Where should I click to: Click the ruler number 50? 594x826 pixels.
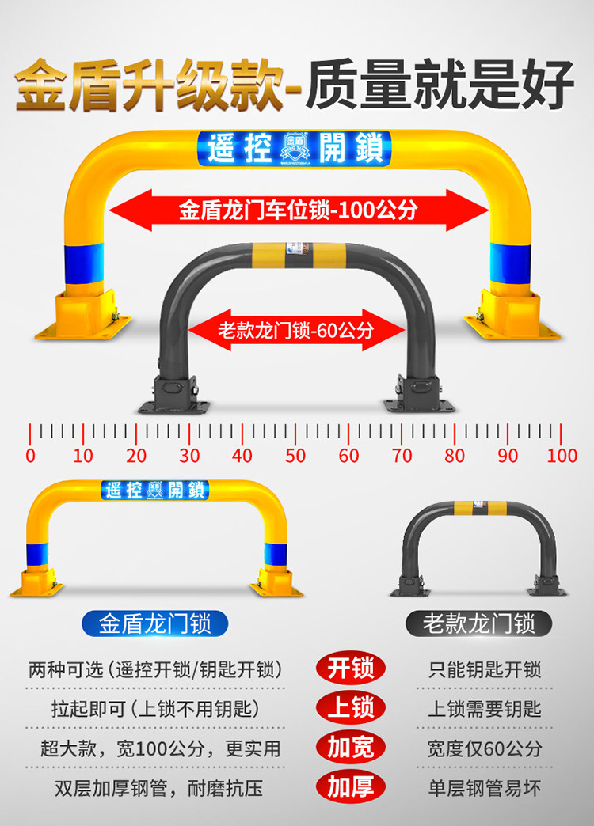[295, 456]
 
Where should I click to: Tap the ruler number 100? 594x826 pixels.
[562, 456]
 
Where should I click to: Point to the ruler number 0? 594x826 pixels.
[30, 456]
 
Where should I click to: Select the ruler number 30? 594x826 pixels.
[189, 456]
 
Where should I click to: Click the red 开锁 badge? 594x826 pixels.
[351, 669]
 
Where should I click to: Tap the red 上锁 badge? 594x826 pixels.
[351, 707]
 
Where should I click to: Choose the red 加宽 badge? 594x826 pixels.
[351, 747]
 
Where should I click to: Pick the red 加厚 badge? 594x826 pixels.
[351, 786]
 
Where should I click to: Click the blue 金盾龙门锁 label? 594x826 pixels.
[155, 623]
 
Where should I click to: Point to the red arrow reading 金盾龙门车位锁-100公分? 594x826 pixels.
[298, 210]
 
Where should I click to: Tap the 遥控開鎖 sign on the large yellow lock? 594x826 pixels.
[294, 148]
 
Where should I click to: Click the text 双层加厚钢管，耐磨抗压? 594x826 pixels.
[158, 787]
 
